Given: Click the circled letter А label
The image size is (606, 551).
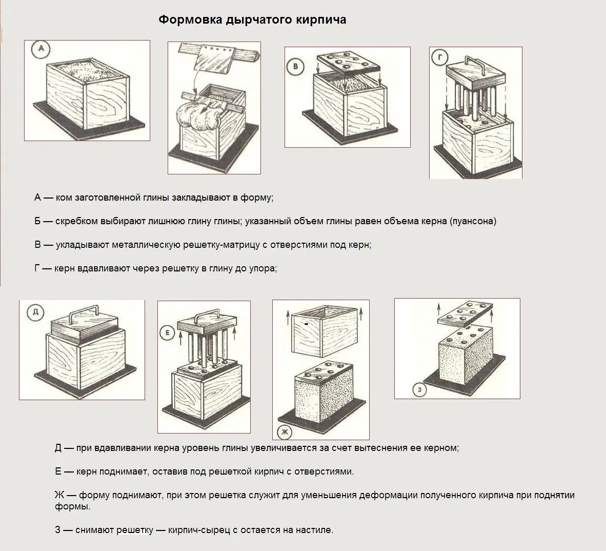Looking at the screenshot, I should coord(41,50).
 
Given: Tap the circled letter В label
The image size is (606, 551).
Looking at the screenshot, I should coord(296,67).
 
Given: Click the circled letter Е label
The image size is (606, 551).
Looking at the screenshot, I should coord(167,333).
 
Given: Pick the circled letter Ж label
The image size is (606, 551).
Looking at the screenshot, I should coord(284,432).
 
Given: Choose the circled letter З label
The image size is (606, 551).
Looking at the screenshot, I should coord(420,390).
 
